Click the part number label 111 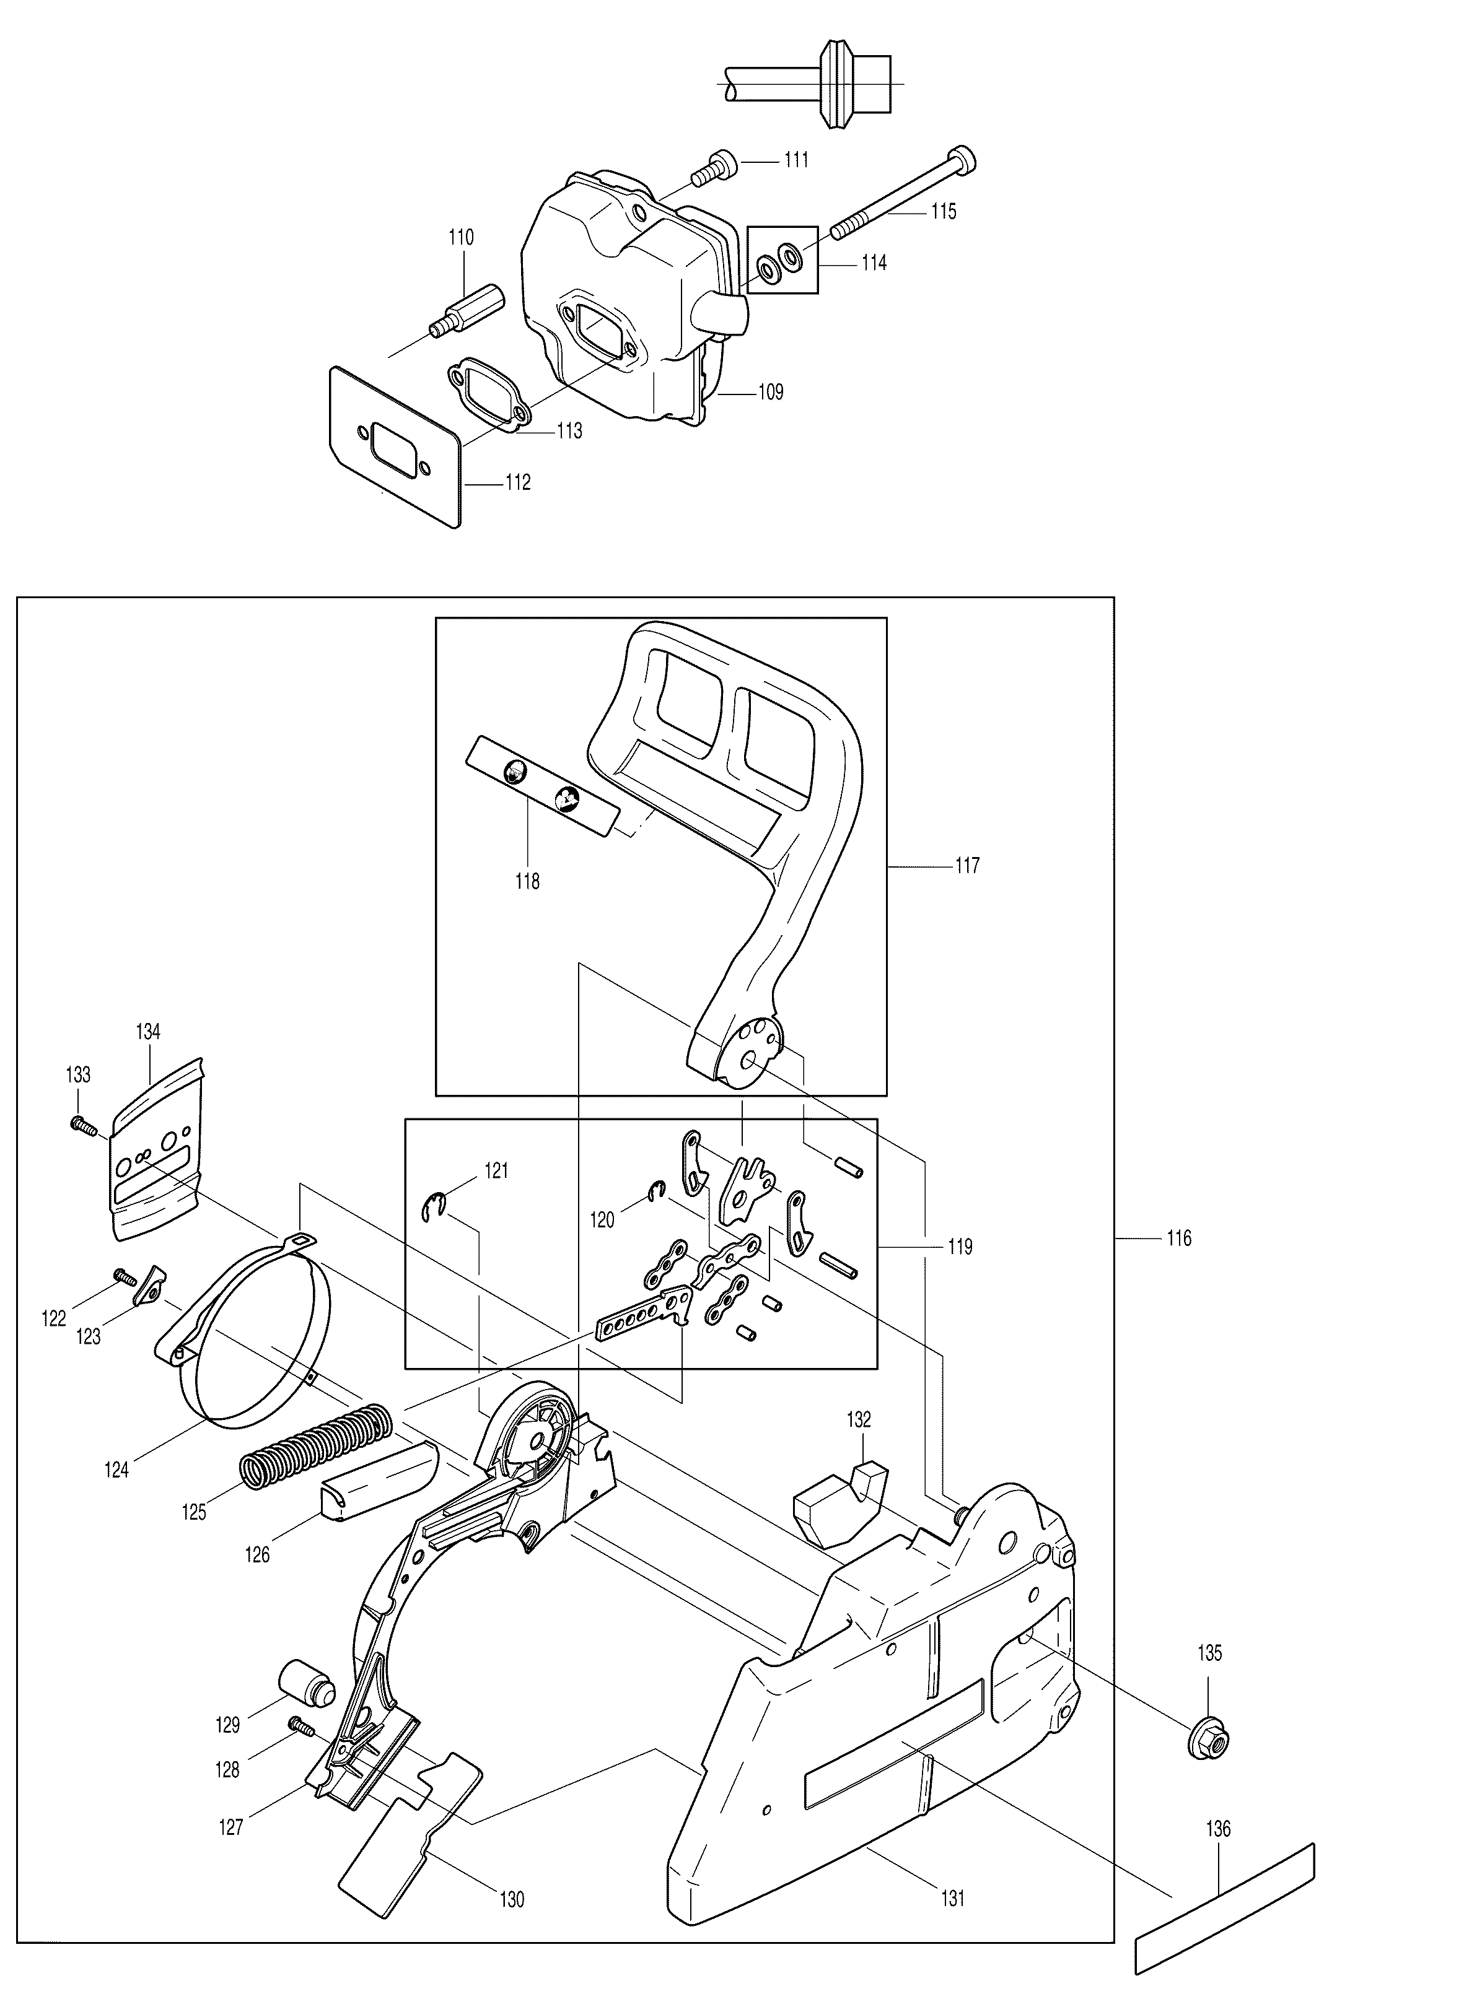tap(796, 160)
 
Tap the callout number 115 tap(943, 211)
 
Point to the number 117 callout tap(967, 865)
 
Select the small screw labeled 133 tap(82, 1125)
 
